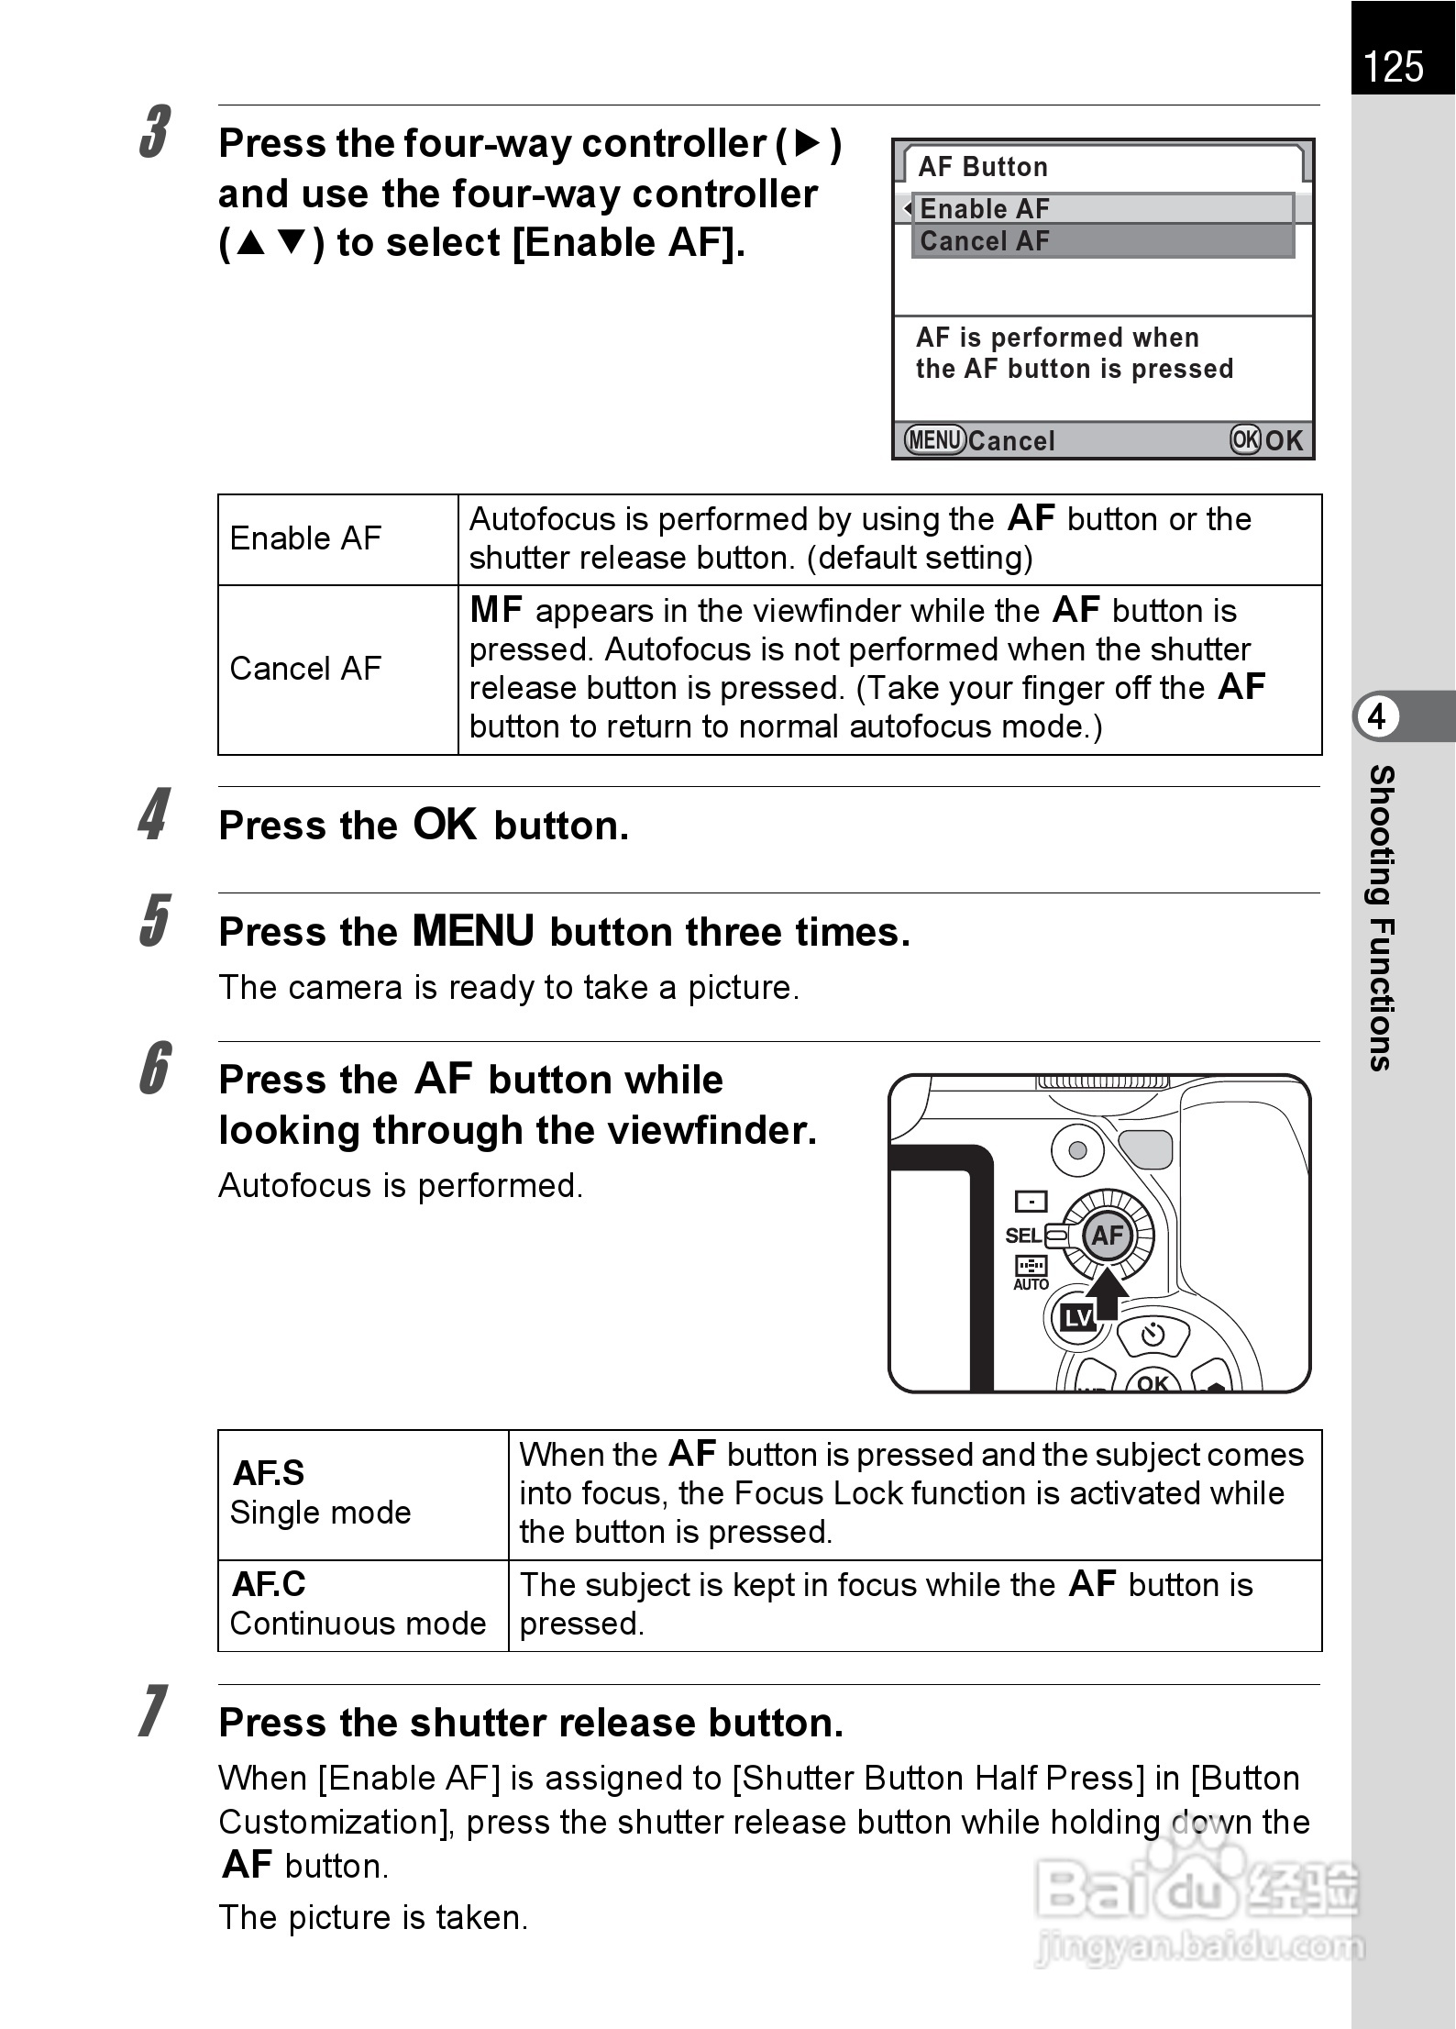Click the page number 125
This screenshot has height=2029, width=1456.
click(1394, 68)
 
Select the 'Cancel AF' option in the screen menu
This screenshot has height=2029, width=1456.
click(985, 242)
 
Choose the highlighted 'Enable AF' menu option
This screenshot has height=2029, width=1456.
click(985, 209)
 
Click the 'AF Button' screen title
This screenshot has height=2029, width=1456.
click(983, 167)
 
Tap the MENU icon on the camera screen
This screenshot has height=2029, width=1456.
click(935, 440)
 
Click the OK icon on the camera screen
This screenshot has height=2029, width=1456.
click(1245, 440)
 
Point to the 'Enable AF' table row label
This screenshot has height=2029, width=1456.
click(305, 538)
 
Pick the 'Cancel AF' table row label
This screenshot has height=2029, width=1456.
click(305, 669)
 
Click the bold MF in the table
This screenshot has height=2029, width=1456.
click(496, 610)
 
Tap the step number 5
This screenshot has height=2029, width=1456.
click(155, 920)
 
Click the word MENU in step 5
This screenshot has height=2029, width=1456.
click(473, 931)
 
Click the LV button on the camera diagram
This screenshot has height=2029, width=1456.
click(1077, 1318)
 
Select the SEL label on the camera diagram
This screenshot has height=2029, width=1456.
click(1023, 1236)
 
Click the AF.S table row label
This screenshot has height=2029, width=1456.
click(269, 1473)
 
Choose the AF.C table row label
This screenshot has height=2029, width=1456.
click(269, 1584)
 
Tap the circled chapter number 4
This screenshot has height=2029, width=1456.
click(1376, 716)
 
